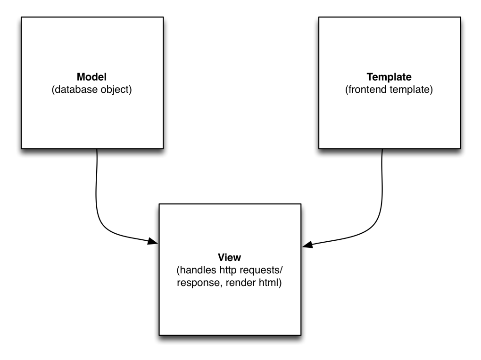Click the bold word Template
click(x=389, y=77)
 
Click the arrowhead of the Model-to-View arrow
click(x=153, y=242)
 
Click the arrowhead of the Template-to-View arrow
click(x=307, y=245)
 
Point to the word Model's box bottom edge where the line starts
click(x=97, y=148)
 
